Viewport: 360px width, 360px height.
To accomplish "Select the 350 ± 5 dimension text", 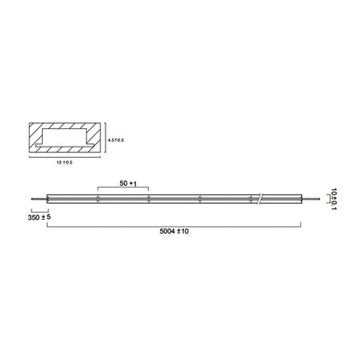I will tap(39, 217).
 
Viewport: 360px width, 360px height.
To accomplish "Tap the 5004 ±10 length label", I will tap(176, 231).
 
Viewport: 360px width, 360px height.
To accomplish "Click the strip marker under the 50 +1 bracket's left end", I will tap(97, 198).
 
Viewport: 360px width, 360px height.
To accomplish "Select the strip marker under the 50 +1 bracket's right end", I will tap(149, 198).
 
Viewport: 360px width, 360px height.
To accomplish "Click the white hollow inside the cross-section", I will tap(64, 140).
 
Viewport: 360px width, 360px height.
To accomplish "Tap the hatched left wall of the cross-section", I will tap(34, 140).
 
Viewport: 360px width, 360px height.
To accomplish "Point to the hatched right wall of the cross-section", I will tap(95, 140).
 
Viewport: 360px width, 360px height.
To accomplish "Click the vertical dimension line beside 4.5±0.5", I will tap(106, 140).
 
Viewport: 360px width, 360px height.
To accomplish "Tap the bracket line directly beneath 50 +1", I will tap(122, 190).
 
